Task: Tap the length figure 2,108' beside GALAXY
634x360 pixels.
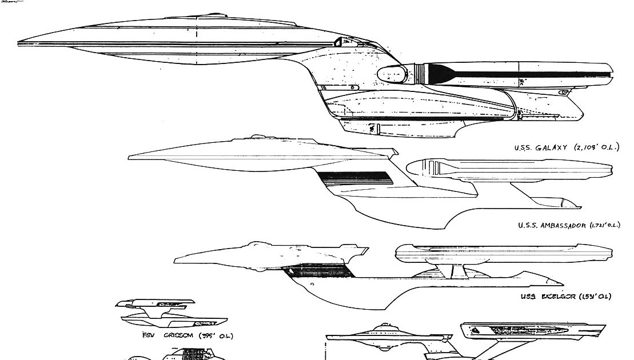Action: point(583,147)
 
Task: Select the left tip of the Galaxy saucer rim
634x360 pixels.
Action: point(19,43)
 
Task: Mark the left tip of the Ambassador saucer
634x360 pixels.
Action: point(130,155)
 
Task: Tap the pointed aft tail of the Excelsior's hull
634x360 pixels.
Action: point(561,284)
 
